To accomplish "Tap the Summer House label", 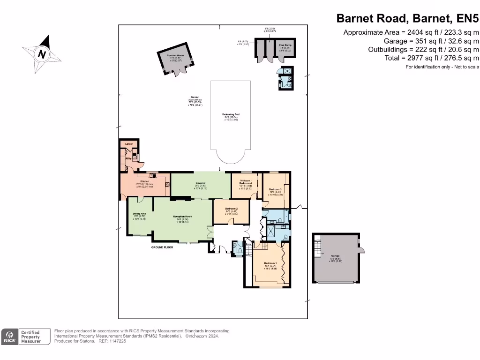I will [x=173, y=55].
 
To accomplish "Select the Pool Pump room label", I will [x=285, y=45].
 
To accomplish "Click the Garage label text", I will [x=335, y=256].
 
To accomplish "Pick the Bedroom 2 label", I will [x=231, y=209].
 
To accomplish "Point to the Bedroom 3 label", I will [x=275, y=189].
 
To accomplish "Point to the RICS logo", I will [x=9, y=337].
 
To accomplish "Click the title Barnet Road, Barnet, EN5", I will [x=408, y=19].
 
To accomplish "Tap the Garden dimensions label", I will [x=195, y=100].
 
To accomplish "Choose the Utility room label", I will [x=127, y=159].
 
